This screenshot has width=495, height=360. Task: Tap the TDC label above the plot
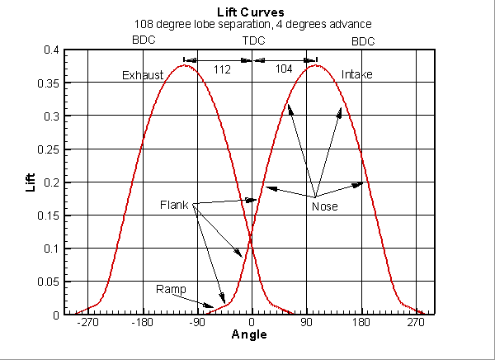[253, 40]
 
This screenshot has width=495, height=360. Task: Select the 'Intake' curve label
[356, 75]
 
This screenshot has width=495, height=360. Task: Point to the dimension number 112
[222, 69]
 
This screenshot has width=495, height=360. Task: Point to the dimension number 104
[284, 69]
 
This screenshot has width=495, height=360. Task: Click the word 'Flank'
[175, 205]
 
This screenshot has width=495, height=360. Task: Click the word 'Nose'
[324, 206]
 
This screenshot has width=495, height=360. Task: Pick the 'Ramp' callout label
[171, 289]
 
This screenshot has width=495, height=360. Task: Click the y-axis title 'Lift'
[31, 182]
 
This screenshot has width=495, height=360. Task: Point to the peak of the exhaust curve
[186, 64]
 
